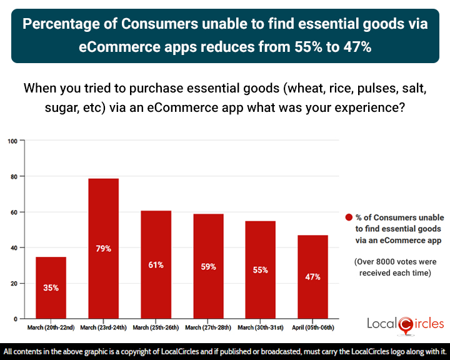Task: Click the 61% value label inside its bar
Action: (156, 265)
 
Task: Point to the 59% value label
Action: (208, 267)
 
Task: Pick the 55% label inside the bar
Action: (260, 270)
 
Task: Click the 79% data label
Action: (103, 249)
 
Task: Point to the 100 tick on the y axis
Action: (12, 141)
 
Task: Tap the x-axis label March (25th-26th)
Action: (156, 327)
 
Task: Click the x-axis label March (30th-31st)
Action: (260, 327)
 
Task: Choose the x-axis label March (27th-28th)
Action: (208, 327)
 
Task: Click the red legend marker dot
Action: (349, 218)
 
